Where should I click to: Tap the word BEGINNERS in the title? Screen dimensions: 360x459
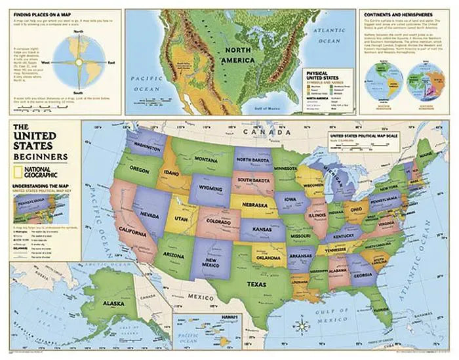(39, 157)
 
